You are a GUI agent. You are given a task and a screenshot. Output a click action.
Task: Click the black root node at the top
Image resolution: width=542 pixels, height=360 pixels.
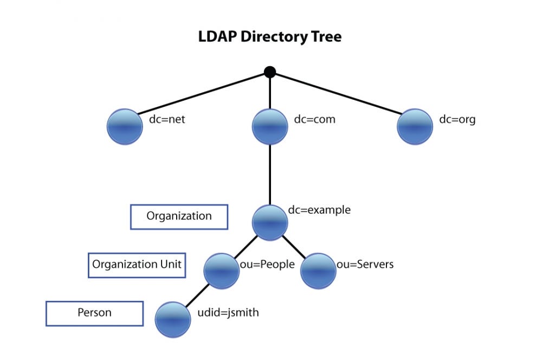(x=269, y=72)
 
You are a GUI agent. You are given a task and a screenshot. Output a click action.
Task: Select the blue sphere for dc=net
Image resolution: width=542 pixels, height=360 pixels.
(x=125, y=127)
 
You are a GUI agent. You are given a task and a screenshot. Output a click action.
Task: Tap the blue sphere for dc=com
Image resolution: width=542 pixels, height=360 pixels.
(x=270, y=127)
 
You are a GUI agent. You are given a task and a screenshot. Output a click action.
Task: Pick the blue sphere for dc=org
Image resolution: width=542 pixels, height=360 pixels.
(x=415, y=127)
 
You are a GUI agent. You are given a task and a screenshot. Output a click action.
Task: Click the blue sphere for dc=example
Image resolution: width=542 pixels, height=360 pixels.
(x=270, y=223)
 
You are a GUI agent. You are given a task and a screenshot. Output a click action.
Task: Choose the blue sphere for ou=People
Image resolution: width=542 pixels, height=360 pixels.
(x=222, y=271)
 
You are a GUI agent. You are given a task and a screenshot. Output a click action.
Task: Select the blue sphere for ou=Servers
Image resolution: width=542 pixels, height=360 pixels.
(x=318, y=271)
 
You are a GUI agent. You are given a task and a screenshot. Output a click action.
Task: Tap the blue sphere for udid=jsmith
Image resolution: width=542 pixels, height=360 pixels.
(x=173, y=319)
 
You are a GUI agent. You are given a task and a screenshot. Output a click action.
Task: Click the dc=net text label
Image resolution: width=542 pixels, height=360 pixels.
(x=167, y=119)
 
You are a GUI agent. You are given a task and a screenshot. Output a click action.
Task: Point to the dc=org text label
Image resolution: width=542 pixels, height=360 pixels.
(x=457, y=119)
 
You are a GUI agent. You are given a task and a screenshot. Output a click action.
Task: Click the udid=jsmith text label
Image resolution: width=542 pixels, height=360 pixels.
(x=228, y=312)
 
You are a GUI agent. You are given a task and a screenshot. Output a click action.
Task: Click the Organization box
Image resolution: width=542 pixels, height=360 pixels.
(x=179, y=216)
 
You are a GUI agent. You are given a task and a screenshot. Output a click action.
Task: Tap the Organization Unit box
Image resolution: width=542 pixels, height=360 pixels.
(x=137, y=265)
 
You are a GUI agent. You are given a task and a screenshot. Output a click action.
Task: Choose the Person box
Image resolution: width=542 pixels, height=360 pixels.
(x=94, y=313)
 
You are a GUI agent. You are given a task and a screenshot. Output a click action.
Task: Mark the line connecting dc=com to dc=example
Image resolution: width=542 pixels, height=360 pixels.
(x=270, y=173)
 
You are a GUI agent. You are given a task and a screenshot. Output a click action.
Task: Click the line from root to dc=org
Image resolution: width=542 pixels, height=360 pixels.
(x=336, y=92)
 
